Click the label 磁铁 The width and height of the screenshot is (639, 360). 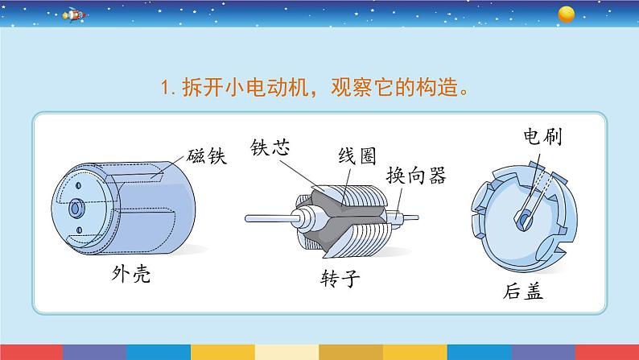coord(207,155)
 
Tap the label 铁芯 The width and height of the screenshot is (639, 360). coord(270,147)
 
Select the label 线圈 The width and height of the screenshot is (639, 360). coord(357,155)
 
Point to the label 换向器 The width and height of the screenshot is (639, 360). coord(416,176)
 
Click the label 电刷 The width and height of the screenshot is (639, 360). coord(542,136)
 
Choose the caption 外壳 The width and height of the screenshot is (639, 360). coord(131,274)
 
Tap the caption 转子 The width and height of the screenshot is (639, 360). coord(340,279)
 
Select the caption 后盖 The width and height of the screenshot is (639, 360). coord(523,292)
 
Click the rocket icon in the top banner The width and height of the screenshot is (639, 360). coord(75,15)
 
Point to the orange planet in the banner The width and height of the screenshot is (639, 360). coord(566,14)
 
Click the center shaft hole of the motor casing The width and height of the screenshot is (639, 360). coord(75,209)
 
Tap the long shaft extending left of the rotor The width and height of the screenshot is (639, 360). coord(271,218)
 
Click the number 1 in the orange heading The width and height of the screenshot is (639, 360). coord(164,88)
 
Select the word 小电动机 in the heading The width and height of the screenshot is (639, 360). coord(266,87)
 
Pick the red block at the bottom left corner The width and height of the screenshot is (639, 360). coord(31,352)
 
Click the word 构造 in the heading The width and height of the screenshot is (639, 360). coord(436,87)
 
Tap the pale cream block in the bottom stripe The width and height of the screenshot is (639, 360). coord(287,352)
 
